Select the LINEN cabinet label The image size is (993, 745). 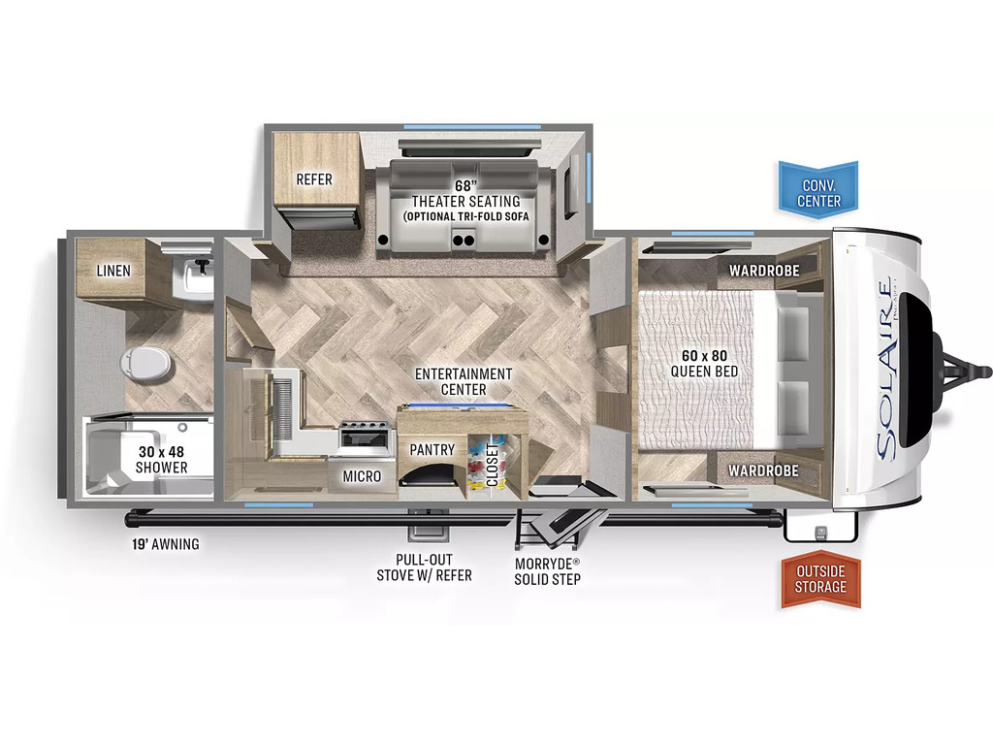[113, 271]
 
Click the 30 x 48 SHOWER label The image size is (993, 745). [162, 459]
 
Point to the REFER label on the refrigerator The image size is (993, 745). [314, 179]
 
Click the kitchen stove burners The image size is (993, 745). [365, 426]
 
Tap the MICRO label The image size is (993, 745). [362, 476]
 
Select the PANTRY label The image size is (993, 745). [432, 450]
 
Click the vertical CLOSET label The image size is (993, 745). [492, 465]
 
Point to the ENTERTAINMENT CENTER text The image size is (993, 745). [464, 381]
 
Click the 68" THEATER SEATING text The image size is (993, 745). [466, 194]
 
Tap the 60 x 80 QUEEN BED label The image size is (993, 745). [704, 364]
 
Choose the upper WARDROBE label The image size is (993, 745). [764, 271]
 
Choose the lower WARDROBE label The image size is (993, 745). [763, 470]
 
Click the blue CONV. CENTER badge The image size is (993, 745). [818, 190]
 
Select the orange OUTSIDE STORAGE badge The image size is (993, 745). [820, 579]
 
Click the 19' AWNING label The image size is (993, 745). [165, 544]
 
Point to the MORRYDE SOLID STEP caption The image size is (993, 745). [547, 570]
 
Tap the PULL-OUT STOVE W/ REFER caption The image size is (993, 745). [425, 567]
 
